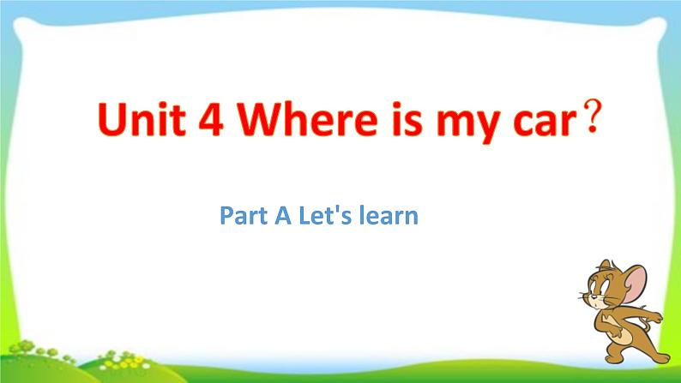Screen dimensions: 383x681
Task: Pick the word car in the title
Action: pos(538,129)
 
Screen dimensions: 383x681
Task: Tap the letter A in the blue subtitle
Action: pos(284,216)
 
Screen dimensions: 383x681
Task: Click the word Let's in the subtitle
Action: pos(327,216)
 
